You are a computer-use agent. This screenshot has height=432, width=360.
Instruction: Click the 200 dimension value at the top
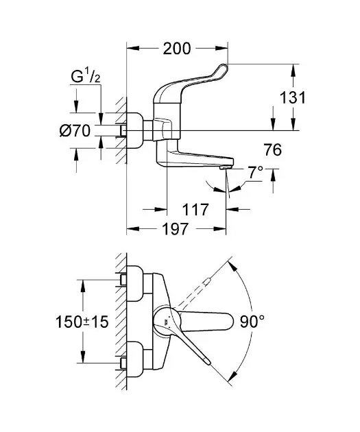(x=176, y=49)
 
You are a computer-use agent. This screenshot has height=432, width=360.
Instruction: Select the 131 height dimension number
(x=293, y=97)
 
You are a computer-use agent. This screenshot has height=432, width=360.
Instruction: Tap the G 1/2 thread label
(x=86, y=76)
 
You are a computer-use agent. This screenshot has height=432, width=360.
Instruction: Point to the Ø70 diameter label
(x=75, y=130)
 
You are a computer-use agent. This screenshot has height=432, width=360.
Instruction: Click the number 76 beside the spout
(x=273, y=150)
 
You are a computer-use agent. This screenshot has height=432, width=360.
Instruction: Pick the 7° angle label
(x=255, y=172)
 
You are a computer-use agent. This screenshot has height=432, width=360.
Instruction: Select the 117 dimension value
(x=195, y=210)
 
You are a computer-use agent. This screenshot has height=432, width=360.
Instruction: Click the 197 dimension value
(x=176, y=228)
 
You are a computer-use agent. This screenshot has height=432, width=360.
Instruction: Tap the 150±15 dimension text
(x=82, y=322)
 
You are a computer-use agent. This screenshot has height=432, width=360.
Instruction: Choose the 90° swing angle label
(x=252, y=321)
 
